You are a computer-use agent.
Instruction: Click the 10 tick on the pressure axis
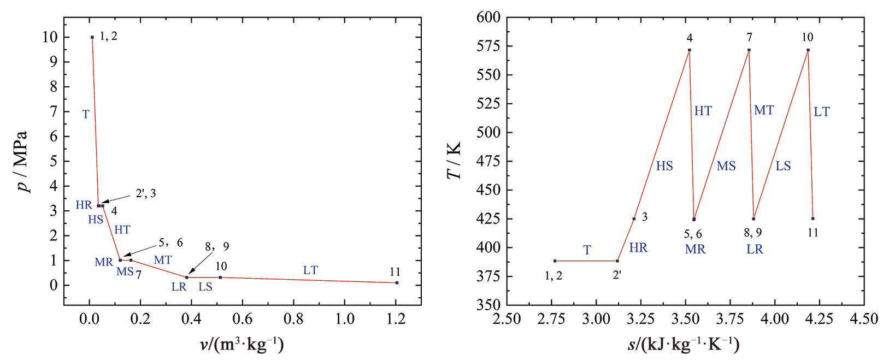[49, 37]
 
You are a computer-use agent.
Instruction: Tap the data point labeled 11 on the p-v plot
[397, 282]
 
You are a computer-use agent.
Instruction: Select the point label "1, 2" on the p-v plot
[108, 37]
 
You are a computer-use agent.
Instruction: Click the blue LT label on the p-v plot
[310, 270]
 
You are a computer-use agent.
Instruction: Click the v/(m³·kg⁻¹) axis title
[242, 345]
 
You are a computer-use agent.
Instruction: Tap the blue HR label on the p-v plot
[84, 205]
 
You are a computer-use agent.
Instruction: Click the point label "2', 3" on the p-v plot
[145, 193]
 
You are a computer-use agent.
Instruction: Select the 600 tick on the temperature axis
[488, 17]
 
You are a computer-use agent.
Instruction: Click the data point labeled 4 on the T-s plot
[690, 50]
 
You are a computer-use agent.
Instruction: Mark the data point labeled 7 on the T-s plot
[749, 50]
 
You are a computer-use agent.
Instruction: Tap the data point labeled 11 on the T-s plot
[813, 219]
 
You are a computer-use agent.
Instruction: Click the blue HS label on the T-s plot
[664, 166]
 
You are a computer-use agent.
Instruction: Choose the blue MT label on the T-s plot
[763, 110]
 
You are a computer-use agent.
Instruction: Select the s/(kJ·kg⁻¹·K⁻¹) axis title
[684, 345]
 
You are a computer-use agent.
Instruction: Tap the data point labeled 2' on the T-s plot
[617, 261]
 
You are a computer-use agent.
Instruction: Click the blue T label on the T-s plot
[587, 250]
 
